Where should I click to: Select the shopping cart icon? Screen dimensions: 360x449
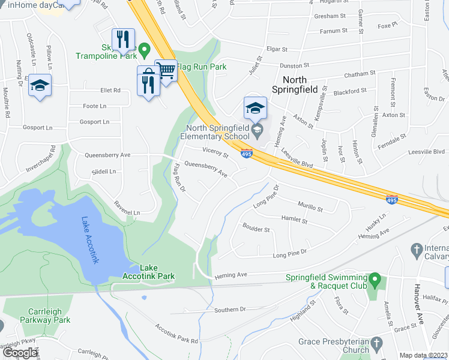[166, 71]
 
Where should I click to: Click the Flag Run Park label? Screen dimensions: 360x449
[201, 67]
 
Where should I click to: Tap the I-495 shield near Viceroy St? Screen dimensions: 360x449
[246, 154]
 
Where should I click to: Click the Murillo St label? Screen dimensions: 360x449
[310, 208]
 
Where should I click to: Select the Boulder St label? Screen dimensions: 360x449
[256, 229]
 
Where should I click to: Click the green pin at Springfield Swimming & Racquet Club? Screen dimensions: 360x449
[375, 278]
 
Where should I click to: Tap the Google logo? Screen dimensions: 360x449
[19, 353]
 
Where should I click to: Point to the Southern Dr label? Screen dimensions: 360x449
[231, 310]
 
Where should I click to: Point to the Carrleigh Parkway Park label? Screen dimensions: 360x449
[50, 316]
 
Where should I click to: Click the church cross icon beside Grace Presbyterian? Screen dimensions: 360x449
[376, 343]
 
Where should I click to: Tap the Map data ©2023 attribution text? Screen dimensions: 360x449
[423, 355]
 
